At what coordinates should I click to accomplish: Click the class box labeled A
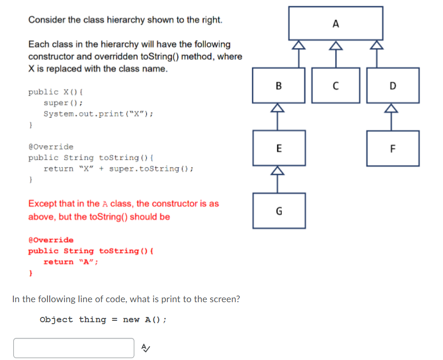pos(335,23)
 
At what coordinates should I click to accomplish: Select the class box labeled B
pos(279,85)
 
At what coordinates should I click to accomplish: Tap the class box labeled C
pos(335,85)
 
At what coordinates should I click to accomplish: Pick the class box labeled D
pos(393,85)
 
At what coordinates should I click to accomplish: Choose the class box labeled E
pos(279,148)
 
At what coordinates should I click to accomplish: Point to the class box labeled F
pos(393,148)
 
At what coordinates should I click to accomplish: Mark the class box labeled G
pos(279,210)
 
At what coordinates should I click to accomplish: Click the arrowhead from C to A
pos(335,45)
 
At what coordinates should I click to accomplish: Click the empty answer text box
pos(74,348)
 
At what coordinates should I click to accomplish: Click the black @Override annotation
pos(51,147)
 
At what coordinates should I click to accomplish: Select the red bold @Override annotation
pos(51,240)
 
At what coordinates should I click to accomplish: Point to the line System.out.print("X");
pos(98,114)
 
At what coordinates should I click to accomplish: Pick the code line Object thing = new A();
pos(103,320)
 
